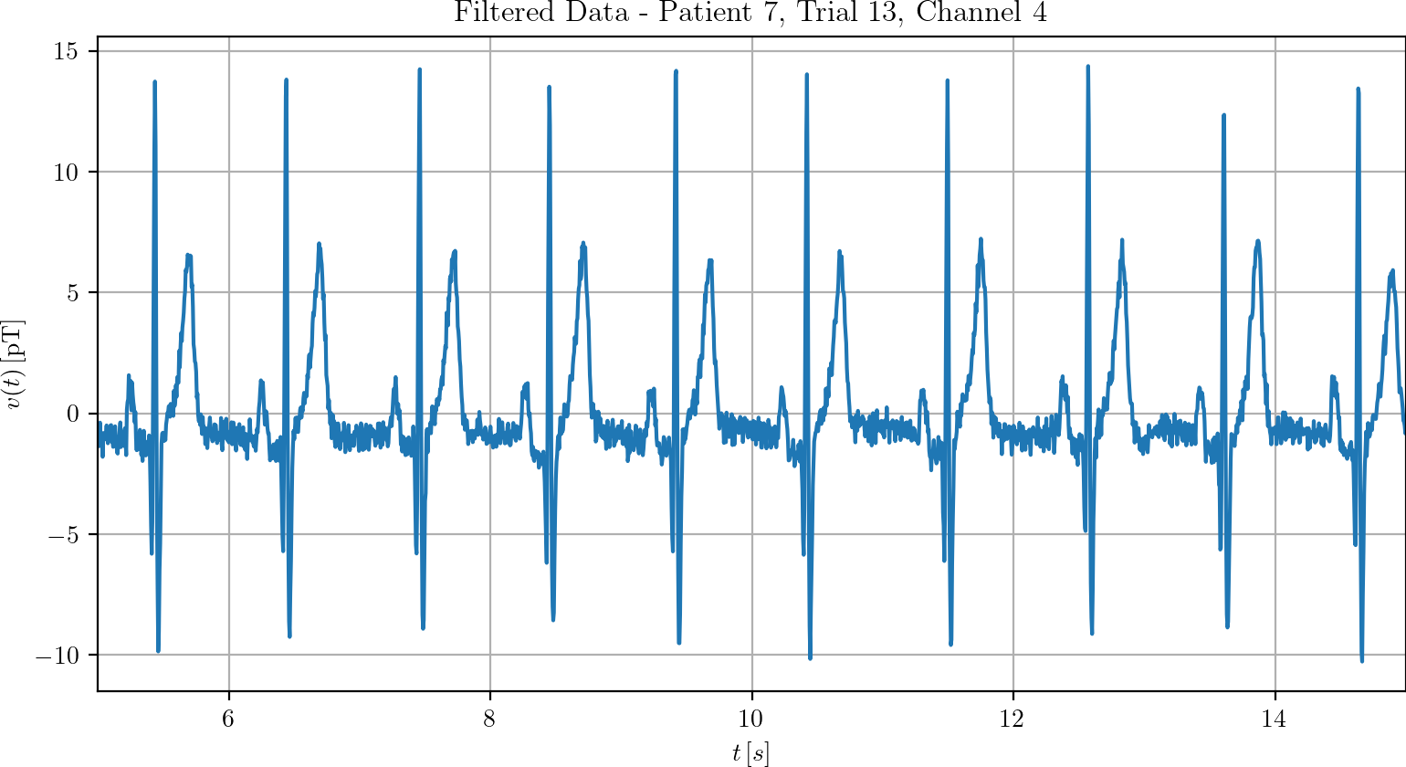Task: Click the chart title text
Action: pyautogui.click(x=750, y=13)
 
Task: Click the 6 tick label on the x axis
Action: pyautogui.click(x=228, y=719)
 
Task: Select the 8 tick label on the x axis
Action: pyautogui.click(x=489, y=719)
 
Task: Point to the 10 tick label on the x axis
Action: pyautogui.click(x=751, y=719)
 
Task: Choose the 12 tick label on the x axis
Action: pyautogui.click(x=1013, y=719)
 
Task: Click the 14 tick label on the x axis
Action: pyautogui.click(x=1274, y=719)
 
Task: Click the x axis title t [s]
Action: pyautogui.click(x=750, y=752)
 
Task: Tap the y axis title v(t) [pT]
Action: pyautogui.click(x=16, y=364)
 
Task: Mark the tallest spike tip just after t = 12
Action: pyautogui.click(x=1087, y=67)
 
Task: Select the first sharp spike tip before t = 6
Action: pyautogui.click(x=155, y=82)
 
